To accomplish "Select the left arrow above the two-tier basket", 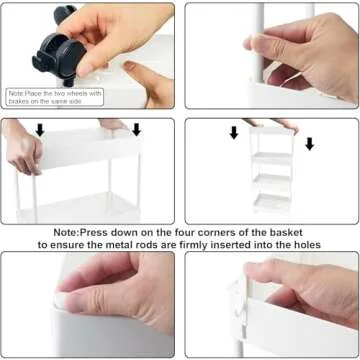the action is coord(40,130).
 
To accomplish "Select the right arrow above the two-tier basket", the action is coord(136,130).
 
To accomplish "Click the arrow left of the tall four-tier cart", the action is coord(234,133).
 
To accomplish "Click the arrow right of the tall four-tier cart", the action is coord(310,144).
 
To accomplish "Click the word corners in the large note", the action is coord(212,232).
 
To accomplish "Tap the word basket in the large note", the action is coord(285,232).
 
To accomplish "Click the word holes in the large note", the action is coord(306,245).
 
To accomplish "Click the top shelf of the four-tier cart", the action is coord(272,131).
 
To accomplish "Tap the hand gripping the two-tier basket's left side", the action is coord(23,148).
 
